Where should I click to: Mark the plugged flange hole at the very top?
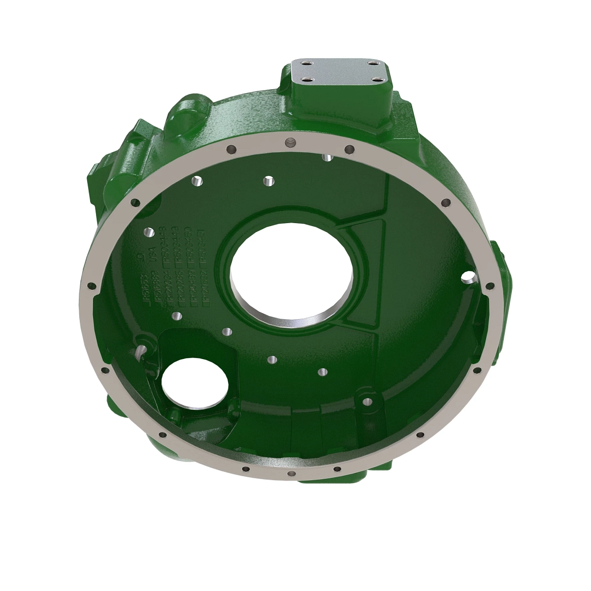291,142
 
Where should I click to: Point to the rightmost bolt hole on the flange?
489,285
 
